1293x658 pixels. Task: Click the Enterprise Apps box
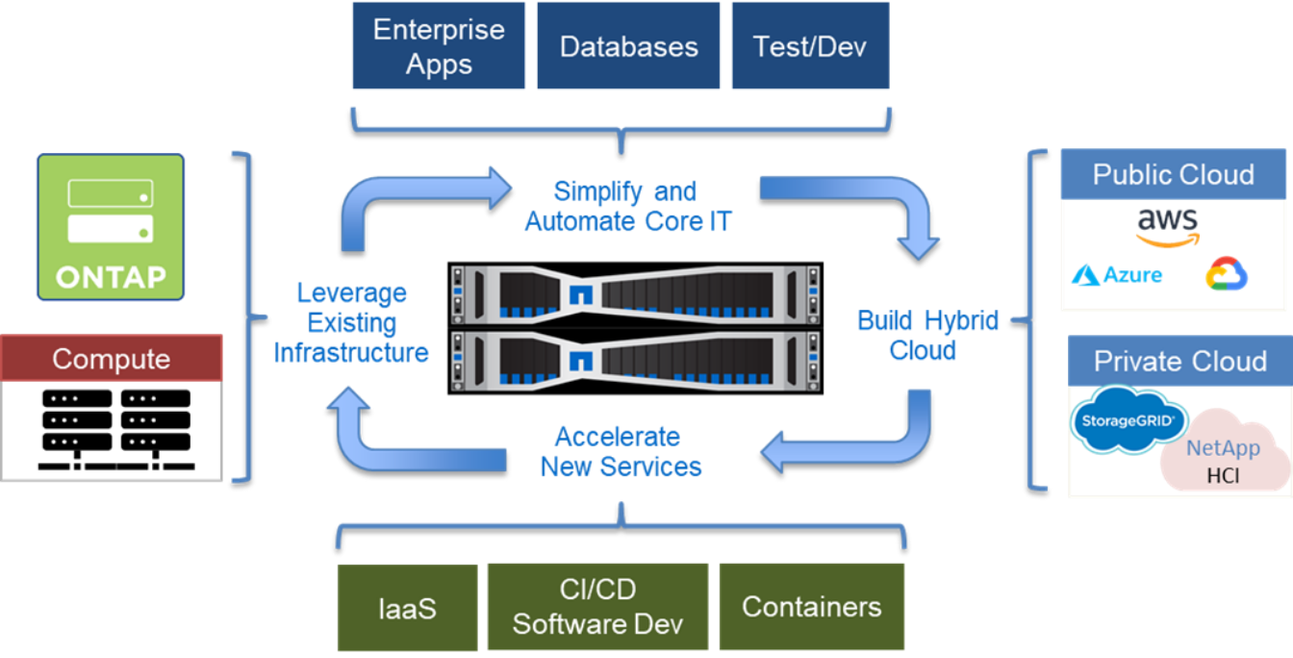(438, 46)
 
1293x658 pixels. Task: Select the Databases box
(628, 46)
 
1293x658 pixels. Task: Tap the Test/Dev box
(809, 46)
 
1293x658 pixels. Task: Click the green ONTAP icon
(111, 227)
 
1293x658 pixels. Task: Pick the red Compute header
(112, 358)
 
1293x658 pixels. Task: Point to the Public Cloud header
(1173, 174)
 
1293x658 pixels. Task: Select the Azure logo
(1117, 276)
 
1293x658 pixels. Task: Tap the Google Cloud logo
(1226, 274)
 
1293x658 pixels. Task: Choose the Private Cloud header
(1179, 361)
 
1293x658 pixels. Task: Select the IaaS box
(407, 607)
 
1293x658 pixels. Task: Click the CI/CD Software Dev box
(597, 607)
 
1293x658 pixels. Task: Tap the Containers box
(811, 607)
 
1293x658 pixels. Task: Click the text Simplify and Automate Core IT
(626, 207)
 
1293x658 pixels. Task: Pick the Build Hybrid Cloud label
(927, 335)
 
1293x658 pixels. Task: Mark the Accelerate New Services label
(620, 452)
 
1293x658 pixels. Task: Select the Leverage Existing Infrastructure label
(351, 322)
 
